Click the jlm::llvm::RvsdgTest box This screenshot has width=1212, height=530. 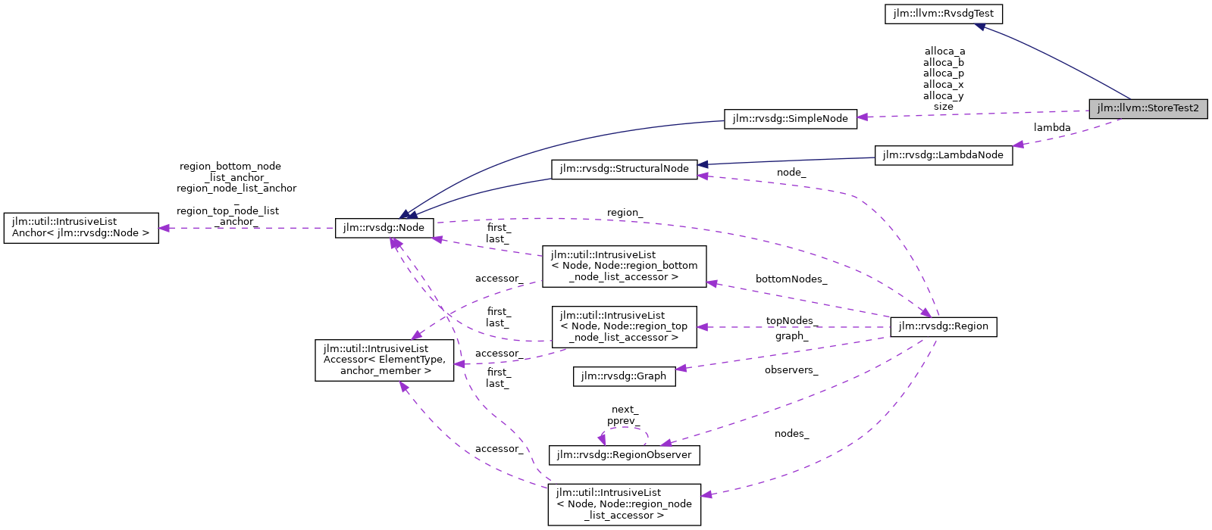click(x=943, y=14)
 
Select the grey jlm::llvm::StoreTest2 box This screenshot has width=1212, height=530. click(x=1148, y=108)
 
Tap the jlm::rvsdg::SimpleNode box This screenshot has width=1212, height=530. click(x=791, y=119)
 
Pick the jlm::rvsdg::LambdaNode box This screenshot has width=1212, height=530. click(x=943, y=155)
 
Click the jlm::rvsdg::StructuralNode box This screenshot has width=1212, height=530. click(x=624, y=169)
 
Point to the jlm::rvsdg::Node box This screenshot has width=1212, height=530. click(x=384, y=227)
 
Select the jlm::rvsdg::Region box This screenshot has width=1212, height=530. click(x=943, y=326)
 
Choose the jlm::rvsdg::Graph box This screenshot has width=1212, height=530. click(x=624, y=376)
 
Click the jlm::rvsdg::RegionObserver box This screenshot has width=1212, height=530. click(x=624, y=455)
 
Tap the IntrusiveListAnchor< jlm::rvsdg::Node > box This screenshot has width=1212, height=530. click(x=81, y=228)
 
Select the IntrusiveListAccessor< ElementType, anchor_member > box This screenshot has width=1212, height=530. click(x=384, y=360)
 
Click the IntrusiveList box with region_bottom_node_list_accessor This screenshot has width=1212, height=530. click(x=624, y=266)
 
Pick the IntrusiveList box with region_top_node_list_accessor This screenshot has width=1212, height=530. click(x=624, y=326)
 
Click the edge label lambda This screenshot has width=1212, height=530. click(x=1052, y=128)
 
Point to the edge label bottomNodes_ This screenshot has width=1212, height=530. click(x=791, y=279)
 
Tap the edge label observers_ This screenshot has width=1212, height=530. click(x=791, y=370)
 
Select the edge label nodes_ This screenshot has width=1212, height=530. click(x=791, y=434)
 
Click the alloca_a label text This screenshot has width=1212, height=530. click(x=944, y=51)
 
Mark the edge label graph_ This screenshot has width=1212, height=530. click(x=791, y=336)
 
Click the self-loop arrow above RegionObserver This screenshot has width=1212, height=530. click(x=625, y=429)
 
